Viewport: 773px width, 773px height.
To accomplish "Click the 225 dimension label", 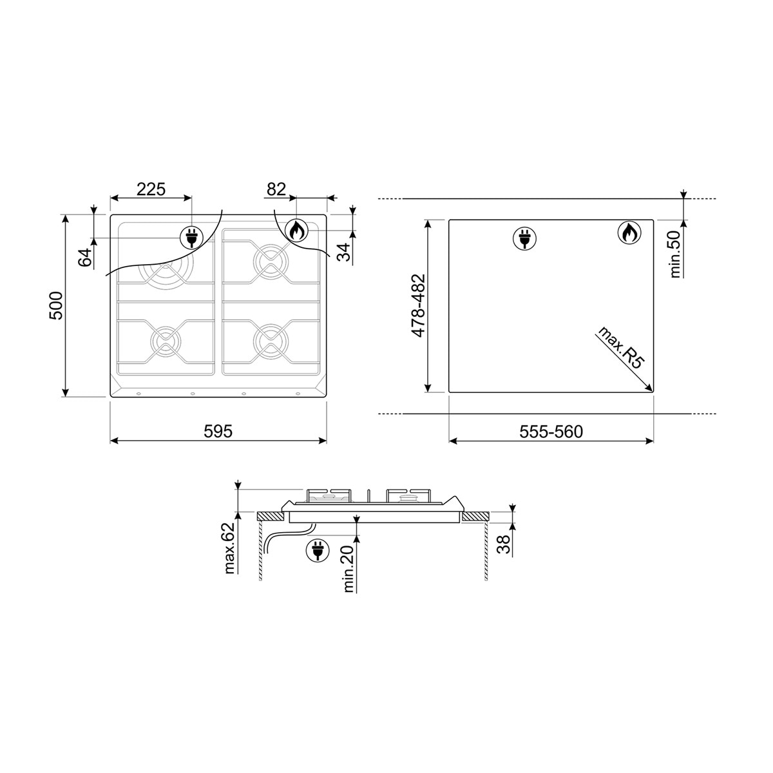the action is pyautogui.click(x=151, y=189).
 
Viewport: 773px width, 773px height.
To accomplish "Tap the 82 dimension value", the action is pyautogui.click(x=276, y=189).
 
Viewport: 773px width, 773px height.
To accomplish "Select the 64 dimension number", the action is pyautogui.click(x=84, y=258).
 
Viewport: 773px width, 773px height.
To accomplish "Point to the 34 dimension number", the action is pyautogui.click(x=343, y=253).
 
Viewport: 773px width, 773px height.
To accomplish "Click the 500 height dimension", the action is pyautogui.click(x=57, y=306).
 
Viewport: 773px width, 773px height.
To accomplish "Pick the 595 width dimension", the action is pyautogui.click(x=218, y=431).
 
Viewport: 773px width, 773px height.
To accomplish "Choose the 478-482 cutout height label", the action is pyautogui.click(x=417, y=306).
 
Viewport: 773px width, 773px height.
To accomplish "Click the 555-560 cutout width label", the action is pyautogui.click(x=551, y=432).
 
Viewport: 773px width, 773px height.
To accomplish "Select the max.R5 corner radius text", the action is pyautogui.click(x=622, y=348).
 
